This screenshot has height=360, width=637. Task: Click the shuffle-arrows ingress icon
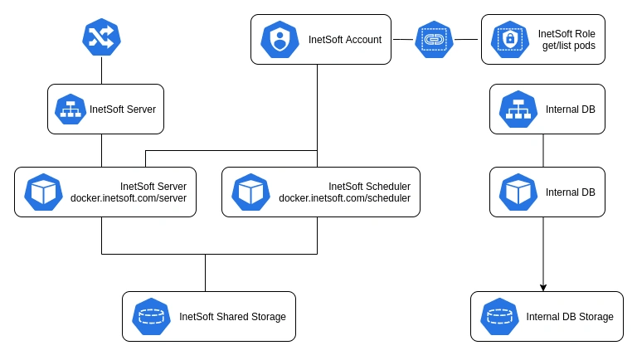(x=101, y=38)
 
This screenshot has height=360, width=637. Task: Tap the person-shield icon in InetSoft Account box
(x=280, y=39)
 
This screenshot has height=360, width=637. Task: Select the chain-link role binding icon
(x=435, y=39)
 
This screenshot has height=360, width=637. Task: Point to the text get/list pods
(x=567, y=46)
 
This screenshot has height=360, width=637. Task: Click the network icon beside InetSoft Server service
(x=71, y=109)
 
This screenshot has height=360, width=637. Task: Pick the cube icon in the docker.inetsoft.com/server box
(x=43, y=192)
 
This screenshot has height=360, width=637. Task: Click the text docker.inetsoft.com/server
(x=129, y=198)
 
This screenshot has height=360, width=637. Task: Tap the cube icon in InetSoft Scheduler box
(x=250, y=192)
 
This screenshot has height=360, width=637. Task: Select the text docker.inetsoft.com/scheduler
(x=344, y=198)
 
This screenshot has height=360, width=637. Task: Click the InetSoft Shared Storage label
(x=232, y=317)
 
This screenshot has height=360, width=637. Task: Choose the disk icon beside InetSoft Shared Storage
(x=151, y=316)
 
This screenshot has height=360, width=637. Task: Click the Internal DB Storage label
(x=570, y=317)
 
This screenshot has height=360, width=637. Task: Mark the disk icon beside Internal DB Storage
(x=499, y=316)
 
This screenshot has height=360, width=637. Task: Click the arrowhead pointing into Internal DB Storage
(x=543, y=287)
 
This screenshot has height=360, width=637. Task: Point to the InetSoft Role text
(x=567, y=33)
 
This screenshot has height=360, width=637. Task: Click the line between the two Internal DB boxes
(x=543, y=150)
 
